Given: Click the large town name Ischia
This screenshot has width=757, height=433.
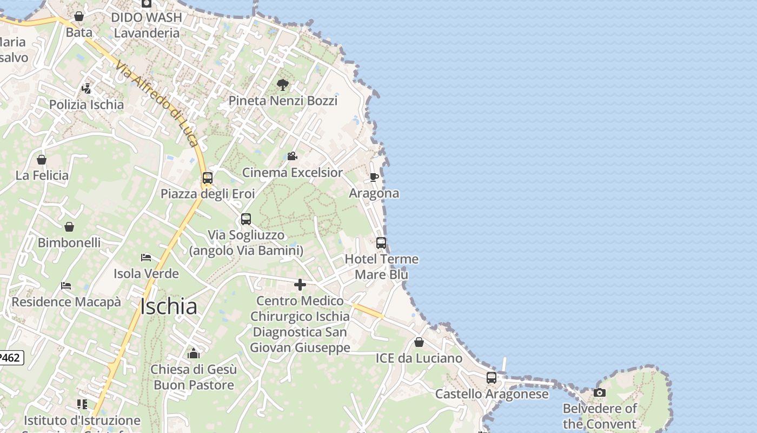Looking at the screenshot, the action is (169, 307).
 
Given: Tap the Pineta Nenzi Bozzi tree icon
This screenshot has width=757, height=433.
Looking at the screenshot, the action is (282, 84).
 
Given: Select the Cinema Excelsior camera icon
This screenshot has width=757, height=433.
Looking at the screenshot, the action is (292, 156).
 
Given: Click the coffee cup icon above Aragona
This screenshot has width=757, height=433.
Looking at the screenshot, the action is (374, 177).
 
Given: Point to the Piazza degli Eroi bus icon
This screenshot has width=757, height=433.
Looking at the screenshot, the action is (207, 178).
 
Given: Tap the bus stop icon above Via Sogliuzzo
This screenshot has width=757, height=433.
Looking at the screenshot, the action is (246, 219).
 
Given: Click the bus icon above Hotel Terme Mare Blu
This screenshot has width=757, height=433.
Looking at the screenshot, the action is (381, 243).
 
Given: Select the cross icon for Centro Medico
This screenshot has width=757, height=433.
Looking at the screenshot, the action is (300, 285).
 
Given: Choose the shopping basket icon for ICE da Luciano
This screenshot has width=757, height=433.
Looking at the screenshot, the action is (419, 342).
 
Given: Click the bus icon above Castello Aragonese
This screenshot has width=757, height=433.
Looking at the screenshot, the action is (492, 378).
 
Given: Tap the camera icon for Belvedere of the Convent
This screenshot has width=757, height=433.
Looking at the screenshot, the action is (599, 392).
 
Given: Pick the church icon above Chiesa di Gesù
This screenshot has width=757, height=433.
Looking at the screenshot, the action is (194, 353).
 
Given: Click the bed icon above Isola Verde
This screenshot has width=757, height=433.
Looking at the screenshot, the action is (146, 258).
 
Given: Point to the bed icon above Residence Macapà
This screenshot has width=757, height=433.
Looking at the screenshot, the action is (66, 286).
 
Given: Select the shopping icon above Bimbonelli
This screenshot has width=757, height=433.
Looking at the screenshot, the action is (69, 227).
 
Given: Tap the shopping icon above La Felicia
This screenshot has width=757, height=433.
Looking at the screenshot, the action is (42, 160).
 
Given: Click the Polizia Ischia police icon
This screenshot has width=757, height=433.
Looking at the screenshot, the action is (86, 88).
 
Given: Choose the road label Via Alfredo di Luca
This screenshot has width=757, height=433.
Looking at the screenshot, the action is (157, 103).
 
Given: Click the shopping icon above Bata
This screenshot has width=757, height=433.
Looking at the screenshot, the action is (79, 17).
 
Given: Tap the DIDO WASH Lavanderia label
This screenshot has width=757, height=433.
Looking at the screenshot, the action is (147, 25).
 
